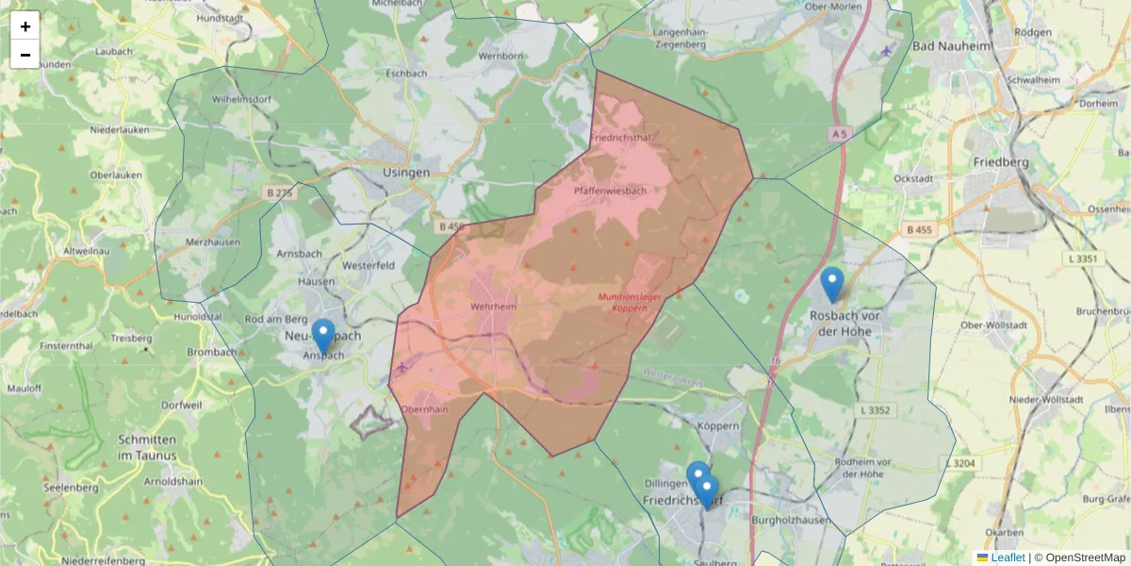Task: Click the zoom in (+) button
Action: [25, 26]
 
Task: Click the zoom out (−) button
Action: [25, 55]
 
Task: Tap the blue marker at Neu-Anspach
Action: [323, 336]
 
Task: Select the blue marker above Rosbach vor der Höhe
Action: [831, 283]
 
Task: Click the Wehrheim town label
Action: [493, 308]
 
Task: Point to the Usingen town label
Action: [407, 173]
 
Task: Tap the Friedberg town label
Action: [1001, 162]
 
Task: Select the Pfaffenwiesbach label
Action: [610, 191]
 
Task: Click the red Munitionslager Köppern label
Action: [624, 302]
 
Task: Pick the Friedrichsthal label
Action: [620, 138]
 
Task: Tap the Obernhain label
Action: [424, 409]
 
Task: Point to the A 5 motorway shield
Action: [840, 135]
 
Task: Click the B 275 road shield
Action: [280, 193]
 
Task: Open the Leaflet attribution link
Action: [1008, 558]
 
